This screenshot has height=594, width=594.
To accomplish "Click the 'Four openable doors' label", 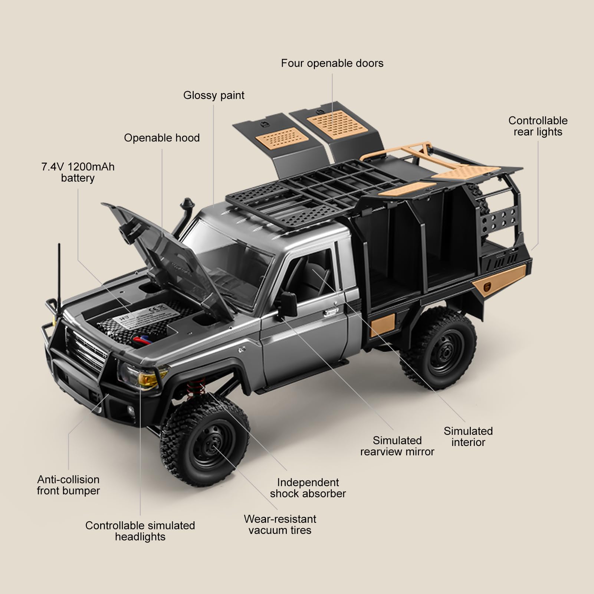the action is [332, 63].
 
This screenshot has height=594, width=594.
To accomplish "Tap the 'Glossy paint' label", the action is [214, 95].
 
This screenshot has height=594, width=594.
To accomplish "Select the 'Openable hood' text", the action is [162, 138].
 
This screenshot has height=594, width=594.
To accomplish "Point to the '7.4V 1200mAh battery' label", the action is [78, 172].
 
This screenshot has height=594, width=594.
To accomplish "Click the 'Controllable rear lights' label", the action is [538, 126].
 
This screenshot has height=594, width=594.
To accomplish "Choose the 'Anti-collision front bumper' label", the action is [68, 485].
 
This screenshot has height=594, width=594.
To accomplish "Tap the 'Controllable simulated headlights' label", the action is [140, 531].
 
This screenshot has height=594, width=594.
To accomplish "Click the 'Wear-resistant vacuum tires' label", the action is [280, 524].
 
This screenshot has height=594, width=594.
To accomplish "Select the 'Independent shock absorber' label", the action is [308, 488].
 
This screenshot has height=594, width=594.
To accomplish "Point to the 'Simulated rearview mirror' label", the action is [397, 446].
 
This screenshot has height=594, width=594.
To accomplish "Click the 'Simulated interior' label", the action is [468, 437].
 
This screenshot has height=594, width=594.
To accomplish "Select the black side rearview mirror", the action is [288, 305].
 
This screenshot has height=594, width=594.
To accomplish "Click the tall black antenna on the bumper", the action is [59, 278].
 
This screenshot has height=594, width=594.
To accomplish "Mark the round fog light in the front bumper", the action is [131, 410].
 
